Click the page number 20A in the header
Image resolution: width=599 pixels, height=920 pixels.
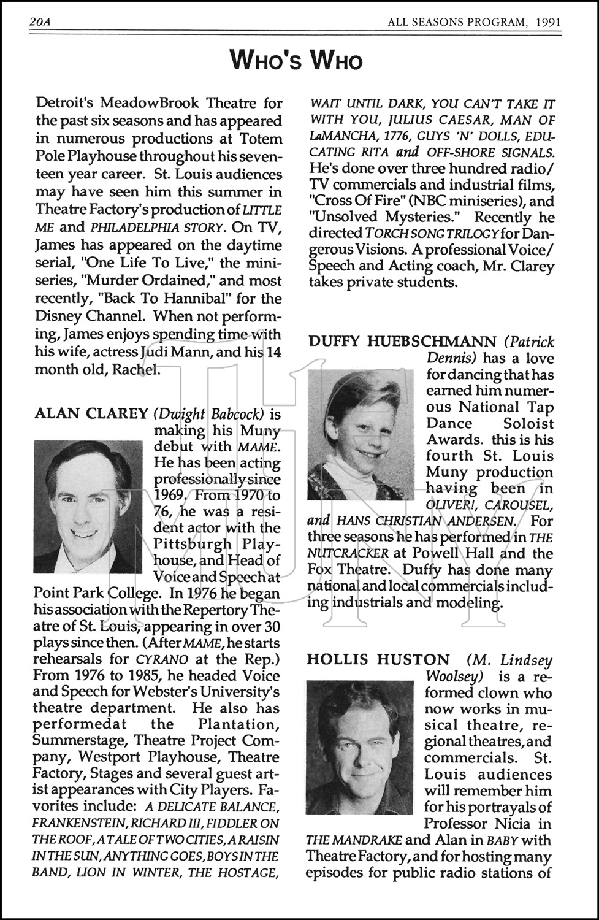[39, 23]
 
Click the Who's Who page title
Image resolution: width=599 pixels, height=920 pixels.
[297, 61]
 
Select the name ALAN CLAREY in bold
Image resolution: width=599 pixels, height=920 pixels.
[91, 413]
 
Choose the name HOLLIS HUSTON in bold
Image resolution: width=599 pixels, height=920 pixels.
[378, 660]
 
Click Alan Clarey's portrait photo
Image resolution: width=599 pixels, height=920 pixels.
[88, 507]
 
